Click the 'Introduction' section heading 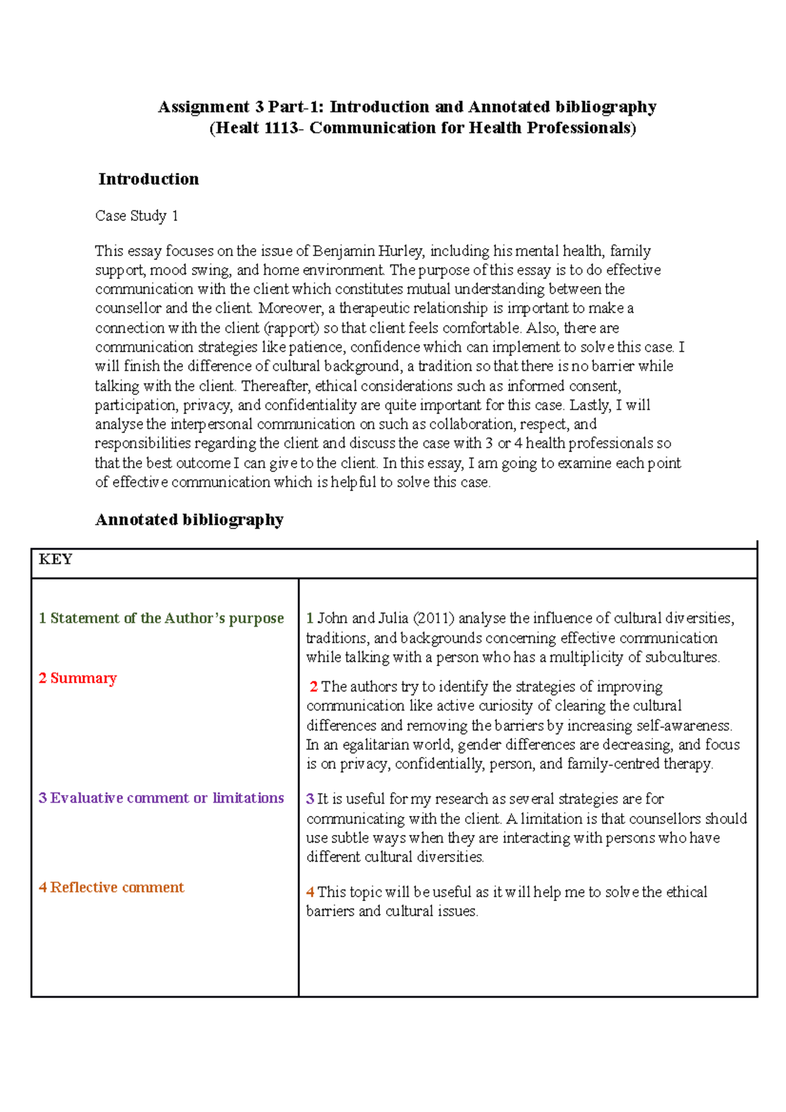click(x=149, y=179)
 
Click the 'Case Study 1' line click(x=136, y=216)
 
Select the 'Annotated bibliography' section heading click(x=189, y=520)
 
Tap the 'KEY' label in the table click(x=55, y=559)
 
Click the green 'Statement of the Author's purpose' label click(x=161, y=618)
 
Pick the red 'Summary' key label click(x=77, y=678)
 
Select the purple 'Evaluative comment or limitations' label click(x=161, y=798)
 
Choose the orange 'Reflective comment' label click(x=111, y=887)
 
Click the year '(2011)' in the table click(x=433, y=618)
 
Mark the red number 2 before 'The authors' click(x=314, y=686)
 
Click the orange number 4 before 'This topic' click(x=310, y=892)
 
